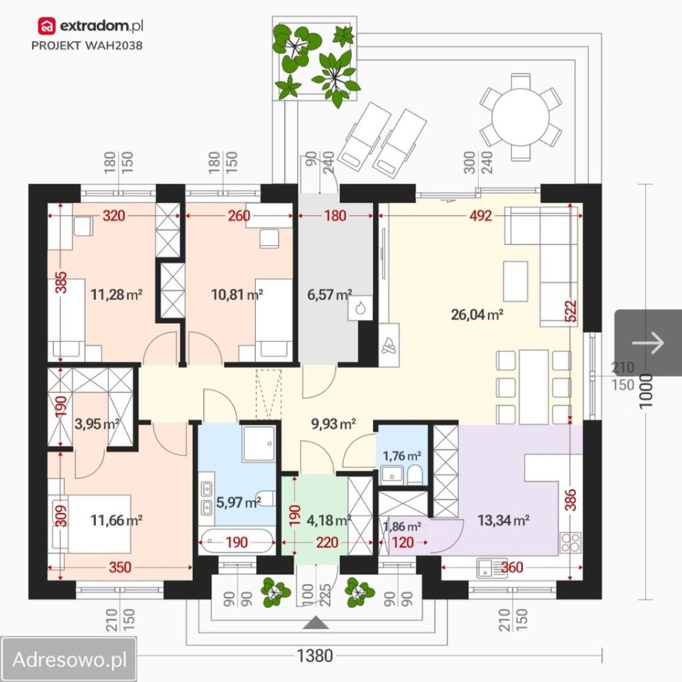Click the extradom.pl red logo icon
coord(47,26)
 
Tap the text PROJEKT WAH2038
coord(87,45)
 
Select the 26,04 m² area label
coord(477,314)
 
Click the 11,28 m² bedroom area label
coord(117,294)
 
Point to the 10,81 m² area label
coord(237,294)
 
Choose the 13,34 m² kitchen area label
coord(503,520)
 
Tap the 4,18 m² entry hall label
coord(329,520)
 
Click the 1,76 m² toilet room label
coord(402,456)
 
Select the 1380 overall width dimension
coord(315,656)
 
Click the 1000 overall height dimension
coord(646,391)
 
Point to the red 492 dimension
coord(481,215)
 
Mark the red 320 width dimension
coord(114,215)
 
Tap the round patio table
coord(521,117)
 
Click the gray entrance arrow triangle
coord(316,623)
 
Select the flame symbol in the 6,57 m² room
coord(359,308)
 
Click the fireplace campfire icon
coord(389,345)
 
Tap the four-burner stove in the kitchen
coord(570,542)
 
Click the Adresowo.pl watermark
coord(70,659)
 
